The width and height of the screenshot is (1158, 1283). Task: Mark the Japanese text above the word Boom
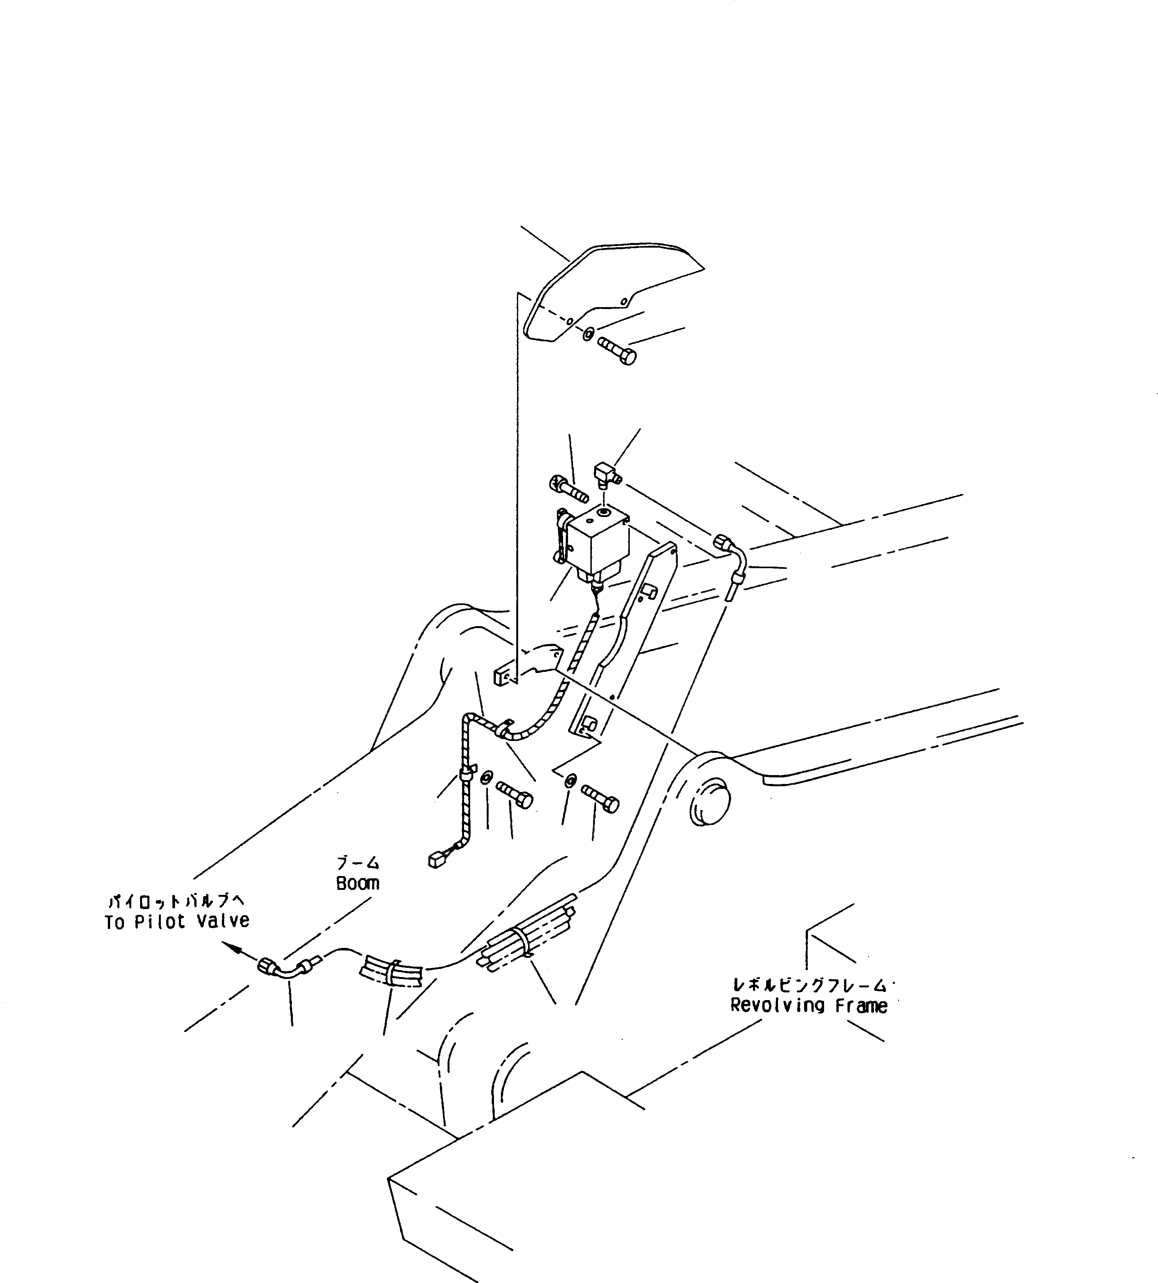click(358, 864)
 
